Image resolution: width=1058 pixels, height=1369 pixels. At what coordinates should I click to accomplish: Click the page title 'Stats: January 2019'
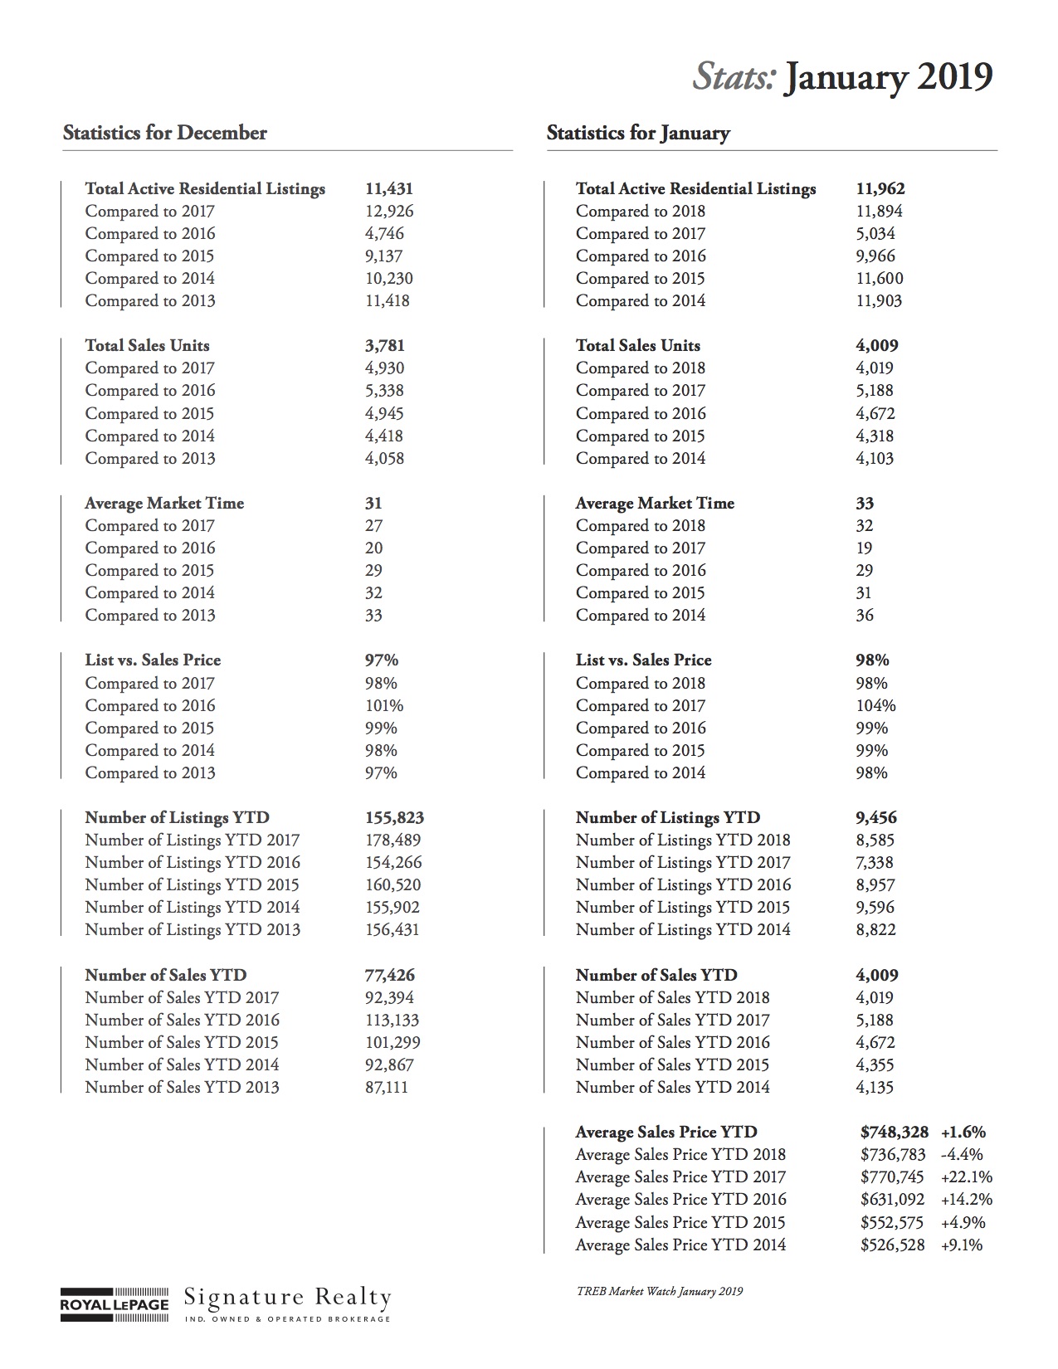842,78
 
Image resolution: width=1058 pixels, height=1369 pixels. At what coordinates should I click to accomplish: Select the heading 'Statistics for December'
165,133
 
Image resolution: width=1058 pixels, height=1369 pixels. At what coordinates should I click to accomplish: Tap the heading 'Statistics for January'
638,133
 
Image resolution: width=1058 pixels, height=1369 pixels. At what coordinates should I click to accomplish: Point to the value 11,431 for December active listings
389,189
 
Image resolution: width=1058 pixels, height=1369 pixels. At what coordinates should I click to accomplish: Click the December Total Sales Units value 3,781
385,346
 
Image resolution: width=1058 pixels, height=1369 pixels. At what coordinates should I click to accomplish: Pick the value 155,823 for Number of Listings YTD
394,818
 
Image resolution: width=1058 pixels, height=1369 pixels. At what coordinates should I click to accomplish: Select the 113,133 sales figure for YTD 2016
392,1021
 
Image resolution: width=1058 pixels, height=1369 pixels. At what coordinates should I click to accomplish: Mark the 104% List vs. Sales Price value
876,706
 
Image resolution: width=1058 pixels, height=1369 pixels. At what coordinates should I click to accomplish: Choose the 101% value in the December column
384,706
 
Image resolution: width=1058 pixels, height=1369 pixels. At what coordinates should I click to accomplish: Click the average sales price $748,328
893,1133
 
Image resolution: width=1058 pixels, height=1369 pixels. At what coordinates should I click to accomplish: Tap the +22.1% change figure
967,1177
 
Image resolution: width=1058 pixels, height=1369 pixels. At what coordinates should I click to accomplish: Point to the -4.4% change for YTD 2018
962,1155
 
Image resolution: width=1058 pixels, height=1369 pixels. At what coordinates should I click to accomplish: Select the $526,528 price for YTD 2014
893,1245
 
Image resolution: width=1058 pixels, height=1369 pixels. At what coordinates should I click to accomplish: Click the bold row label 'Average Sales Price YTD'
666,1133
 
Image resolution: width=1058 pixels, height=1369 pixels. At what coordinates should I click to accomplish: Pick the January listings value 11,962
880,189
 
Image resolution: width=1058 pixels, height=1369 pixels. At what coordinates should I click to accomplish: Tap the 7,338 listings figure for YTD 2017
875,863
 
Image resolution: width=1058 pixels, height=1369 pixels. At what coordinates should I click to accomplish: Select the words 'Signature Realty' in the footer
287,1297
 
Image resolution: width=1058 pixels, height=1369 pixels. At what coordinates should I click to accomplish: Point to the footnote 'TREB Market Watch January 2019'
660,1292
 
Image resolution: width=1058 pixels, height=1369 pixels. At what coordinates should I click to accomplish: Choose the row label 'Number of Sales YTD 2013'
182,1088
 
